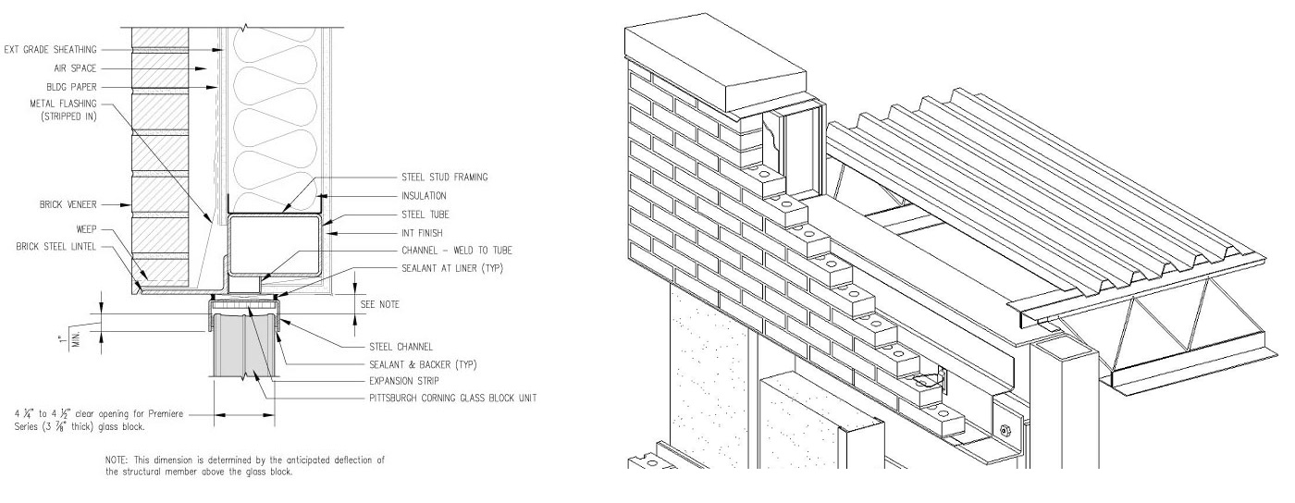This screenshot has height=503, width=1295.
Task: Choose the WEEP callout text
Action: pos(85,228)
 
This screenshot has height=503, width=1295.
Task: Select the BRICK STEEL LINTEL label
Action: pos(56,247)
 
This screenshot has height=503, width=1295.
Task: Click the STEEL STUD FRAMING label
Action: pos(444,176)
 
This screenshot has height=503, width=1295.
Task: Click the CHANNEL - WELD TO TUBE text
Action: pos(457,251)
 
